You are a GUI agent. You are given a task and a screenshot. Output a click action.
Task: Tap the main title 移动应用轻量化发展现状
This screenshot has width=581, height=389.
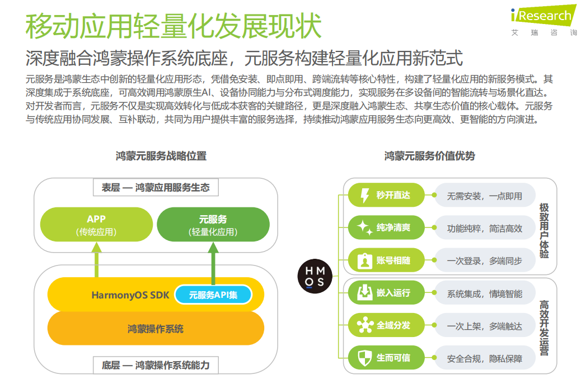pyautogui.click(x=174, y=26)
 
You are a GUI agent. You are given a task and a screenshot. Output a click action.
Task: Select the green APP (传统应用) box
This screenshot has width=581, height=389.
pyautogui.click(x=96, y=225)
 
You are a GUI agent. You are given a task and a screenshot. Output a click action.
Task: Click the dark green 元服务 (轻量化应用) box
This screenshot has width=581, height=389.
pyautogui.click(x=213, y=225)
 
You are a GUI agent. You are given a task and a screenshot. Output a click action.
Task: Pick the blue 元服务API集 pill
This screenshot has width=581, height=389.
pyautogui.click(x=213, y=295)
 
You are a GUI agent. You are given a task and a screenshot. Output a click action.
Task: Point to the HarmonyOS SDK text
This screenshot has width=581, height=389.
pyautogui.click(x=130, y=295)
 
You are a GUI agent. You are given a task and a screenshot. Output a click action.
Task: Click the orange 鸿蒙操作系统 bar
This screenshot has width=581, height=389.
pyautogui.click(x=155, y=328)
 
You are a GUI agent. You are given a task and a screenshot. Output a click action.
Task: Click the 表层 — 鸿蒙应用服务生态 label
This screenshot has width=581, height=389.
pyautogui.click(x=156, y=188)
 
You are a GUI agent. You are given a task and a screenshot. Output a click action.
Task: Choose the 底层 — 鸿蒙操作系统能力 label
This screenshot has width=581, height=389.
pyautogui.click(x=156, y=366)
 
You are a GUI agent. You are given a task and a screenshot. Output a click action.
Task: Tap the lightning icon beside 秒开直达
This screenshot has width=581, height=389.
pyautogui.click(x=364, y=196)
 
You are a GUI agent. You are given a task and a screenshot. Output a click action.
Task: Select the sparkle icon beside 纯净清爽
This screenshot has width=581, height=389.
pyautogui.click(x=364, y=228)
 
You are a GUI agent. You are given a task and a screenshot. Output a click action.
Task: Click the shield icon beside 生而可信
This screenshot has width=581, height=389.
pyautogui.click(x=364, y=358)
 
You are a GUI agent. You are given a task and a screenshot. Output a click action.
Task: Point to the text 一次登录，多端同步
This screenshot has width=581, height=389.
pyautogui.click(x=484, y=261)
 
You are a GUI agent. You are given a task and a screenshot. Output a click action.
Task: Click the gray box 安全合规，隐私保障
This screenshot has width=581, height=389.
pyautogui.click(x=484, y=358)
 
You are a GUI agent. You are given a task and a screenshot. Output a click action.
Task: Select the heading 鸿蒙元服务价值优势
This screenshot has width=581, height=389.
pyautogui.click(x=429, y=156)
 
